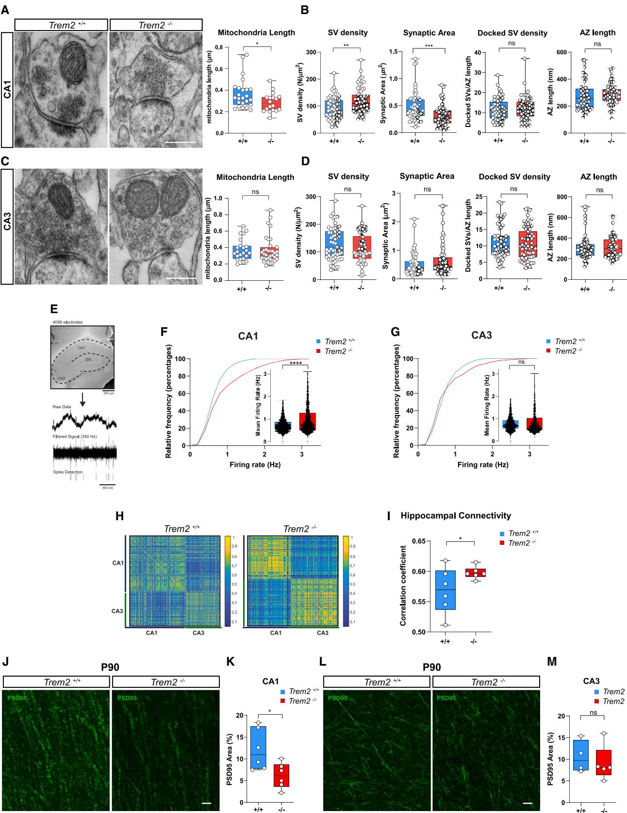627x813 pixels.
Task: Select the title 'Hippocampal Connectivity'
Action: [x=455, y=516]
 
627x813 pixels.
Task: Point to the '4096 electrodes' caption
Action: [x=67, y=322]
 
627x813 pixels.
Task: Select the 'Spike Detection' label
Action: [x=67, y=472]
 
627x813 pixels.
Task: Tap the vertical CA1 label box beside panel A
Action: [x=7, y=90]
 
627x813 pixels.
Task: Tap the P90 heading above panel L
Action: [x=431, y=667]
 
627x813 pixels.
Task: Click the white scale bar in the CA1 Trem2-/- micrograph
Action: [x=183, y=143]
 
